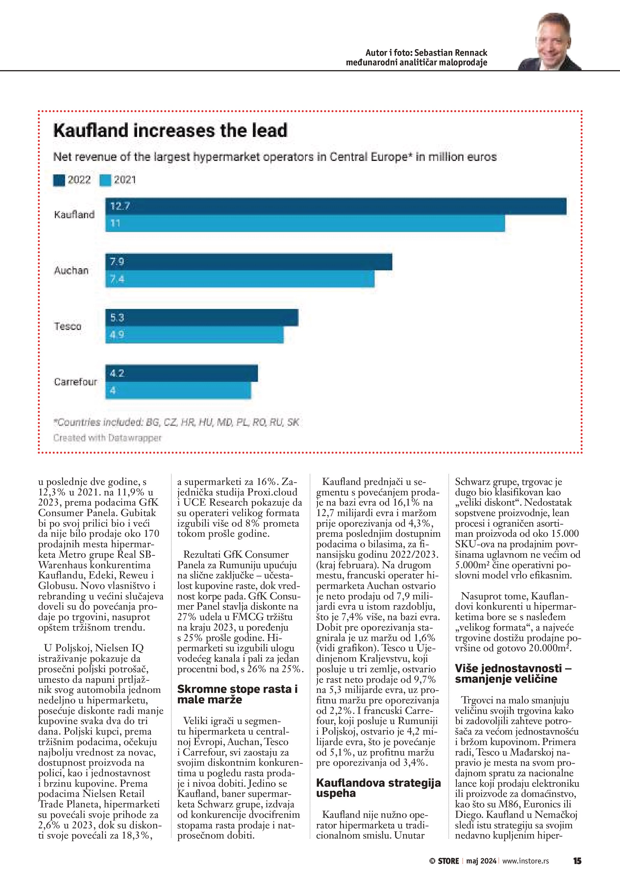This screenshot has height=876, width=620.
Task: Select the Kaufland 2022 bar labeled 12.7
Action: (336, 206)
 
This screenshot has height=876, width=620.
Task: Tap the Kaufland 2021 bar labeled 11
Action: (305, 223)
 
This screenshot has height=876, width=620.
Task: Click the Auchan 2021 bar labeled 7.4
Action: (240, 279)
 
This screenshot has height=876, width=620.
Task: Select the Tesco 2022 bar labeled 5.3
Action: (202, 318)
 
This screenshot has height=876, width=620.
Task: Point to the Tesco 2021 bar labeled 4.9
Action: (194, 334)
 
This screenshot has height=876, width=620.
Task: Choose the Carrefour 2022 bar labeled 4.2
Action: (181, 373)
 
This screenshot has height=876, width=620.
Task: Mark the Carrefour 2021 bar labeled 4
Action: (178, 390)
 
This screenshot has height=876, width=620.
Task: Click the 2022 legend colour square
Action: (59, 180)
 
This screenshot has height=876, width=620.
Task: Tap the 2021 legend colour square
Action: (105, 180)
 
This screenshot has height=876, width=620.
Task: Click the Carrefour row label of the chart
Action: (76, 382)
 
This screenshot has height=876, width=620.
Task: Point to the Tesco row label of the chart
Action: (68, 326)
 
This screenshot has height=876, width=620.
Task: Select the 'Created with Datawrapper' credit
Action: (107, 438)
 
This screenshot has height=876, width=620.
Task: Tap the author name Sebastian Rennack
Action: (451, 53)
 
